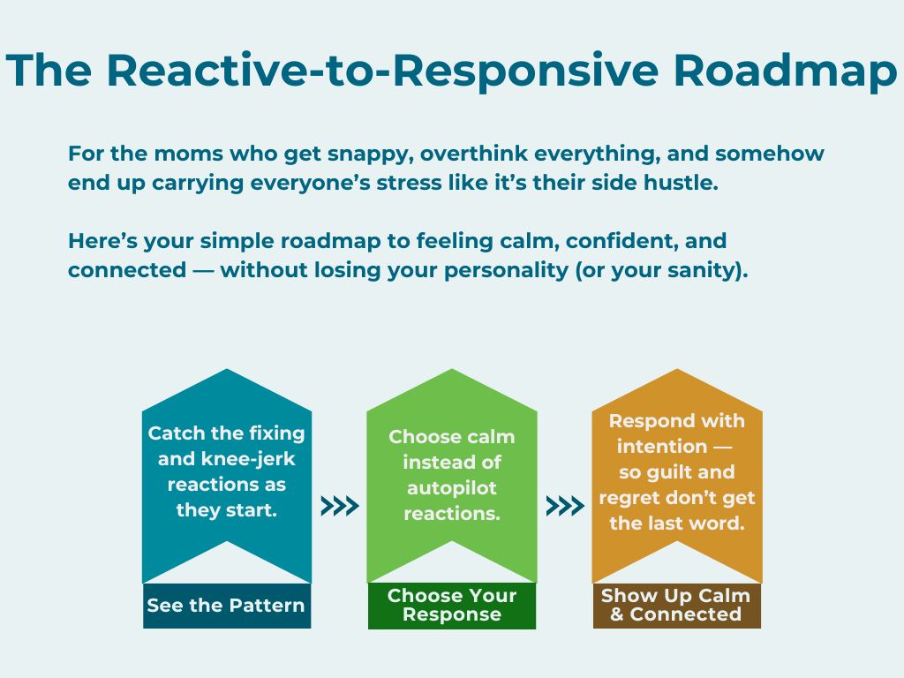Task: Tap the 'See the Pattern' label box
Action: (226, 606)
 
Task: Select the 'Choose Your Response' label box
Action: (451, 606)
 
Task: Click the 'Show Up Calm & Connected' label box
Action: (676, 606)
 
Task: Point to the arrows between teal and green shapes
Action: (339, 506)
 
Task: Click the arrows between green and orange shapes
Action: (565, 506)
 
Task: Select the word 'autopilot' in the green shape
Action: (451, 487)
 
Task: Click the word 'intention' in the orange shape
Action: (662, 447)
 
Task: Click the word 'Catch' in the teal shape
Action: (172, 433)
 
